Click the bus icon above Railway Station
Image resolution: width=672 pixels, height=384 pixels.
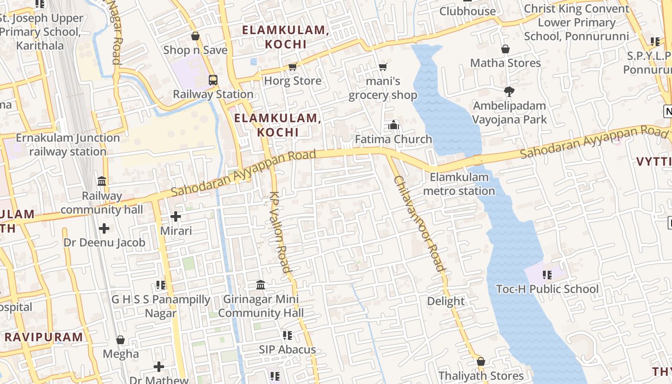coord(213,80)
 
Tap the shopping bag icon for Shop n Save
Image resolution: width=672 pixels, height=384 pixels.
coord(195,36)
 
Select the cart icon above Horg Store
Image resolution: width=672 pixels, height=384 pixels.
coord(293,67)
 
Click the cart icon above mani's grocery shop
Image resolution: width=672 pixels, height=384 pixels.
coord(383,67)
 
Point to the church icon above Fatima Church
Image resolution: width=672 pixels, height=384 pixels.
coord(394,125)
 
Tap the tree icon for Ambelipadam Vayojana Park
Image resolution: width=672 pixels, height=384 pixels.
coord(509,91)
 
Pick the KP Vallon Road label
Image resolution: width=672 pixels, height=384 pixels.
coord(280,232)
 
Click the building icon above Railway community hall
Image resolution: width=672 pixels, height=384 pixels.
coord(102,181)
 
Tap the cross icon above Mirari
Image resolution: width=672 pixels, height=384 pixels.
coord(176,217)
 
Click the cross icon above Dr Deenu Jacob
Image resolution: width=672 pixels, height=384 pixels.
coord(104,228)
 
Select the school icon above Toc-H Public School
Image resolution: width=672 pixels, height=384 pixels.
coord(547,275)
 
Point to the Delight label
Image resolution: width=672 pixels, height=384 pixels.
coord(446,301)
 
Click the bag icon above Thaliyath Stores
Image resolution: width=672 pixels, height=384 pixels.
coord(481,361)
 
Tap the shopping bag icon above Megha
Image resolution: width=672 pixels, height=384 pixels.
coord(120,340)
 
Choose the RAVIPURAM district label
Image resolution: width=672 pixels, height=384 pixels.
coord(44,337)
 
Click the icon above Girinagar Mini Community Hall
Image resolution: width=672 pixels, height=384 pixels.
coord(261,285)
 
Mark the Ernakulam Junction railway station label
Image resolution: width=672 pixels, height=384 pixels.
coord(68,144)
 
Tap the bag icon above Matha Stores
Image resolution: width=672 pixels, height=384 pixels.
coord(505,49)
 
